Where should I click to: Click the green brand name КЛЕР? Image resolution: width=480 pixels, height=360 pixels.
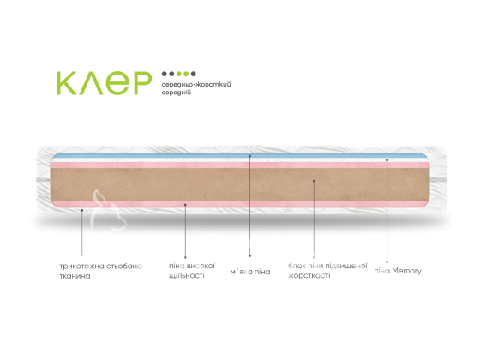tap(104, 83)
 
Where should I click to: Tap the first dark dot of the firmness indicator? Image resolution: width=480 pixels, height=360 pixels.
tap(165, 74)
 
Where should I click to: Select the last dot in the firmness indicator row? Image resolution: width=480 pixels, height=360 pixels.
tap(193, 74)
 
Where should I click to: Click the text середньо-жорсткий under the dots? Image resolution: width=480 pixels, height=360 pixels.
tap(196, 84)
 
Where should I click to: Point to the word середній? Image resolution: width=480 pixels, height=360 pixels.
tap(177, 93)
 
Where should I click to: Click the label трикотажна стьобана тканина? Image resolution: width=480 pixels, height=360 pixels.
tap(101, 271)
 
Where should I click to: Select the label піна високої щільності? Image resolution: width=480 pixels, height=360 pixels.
tap(192, 270)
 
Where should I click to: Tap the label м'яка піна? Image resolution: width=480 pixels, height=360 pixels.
tap(250, 272)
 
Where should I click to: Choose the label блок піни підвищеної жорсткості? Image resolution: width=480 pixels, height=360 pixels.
tap(327, 270)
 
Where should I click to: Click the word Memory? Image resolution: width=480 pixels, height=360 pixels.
tap(407, 271)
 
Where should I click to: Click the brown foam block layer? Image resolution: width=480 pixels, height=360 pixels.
tap(239, 184)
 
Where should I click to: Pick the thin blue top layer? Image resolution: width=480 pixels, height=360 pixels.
tap(239, 156)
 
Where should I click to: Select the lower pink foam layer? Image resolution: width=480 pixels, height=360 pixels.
tap(239, 204)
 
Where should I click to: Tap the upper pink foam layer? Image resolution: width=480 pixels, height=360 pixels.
tap(239, 165)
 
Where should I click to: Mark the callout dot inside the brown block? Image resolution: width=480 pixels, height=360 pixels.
tap(314, 181)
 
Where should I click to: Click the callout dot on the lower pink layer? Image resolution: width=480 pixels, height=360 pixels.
tap(185, 205)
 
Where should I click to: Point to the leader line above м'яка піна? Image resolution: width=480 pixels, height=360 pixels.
tap(250, 206)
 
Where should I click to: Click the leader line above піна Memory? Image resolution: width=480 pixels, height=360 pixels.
tap(387, 211)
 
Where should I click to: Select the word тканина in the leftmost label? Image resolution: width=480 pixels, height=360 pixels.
tap(75, 276)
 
